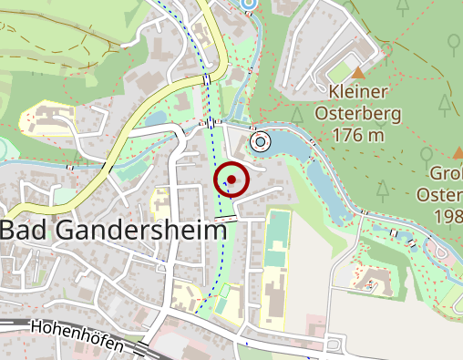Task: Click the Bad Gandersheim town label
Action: (113, 231)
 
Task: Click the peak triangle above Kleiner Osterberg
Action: (358, 71)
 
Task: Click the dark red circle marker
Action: (231, 180)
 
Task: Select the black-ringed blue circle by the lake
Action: (261, 141)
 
